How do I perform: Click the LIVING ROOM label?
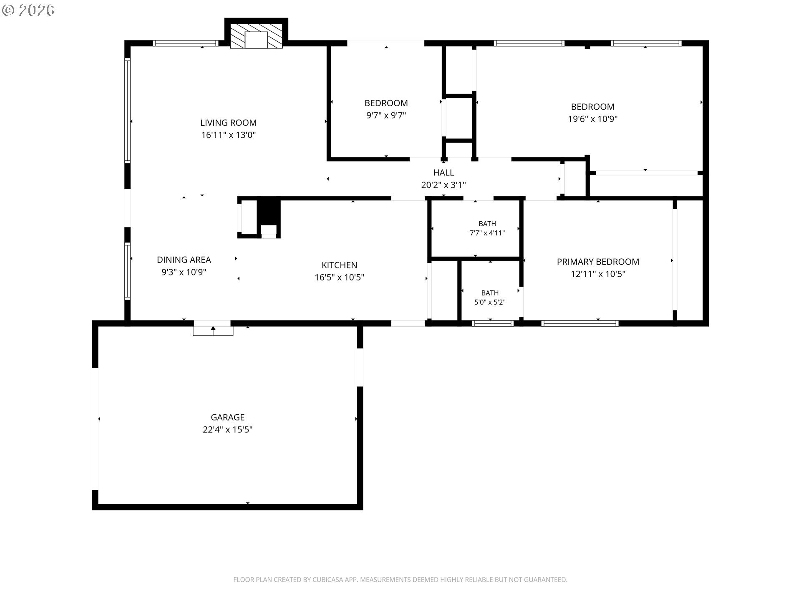pos(228,123)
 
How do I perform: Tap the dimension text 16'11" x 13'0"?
pos(228,135)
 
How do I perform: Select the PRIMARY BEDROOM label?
pos(598,262)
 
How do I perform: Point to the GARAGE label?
pos(227,417)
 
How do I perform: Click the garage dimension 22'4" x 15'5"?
pos(227,430)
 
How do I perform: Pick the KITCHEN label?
pos(339,265)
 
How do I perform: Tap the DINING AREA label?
pos(184,260)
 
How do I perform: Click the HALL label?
pos(443,172)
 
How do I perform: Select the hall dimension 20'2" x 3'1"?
pos(443,185)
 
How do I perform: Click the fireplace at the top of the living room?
pos(256,36)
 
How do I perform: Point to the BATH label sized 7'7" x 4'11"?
pos(487,224)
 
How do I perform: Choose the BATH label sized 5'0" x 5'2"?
pos(490,293)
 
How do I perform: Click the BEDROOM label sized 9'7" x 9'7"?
pos(386,103)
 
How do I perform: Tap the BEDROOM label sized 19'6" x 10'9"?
pos(592,107)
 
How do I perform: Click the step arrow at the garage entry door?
pos(213,330)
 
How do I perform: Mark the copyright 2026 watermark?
pos(28,10)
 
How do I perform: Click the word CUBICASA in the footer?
pos(330,580)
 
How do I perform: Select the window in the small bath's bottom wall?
pos(493,323)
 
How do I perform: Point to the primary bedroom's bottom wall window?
pos(580,323)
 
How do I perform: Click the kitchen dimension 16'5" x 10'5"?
pos(339,277)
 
